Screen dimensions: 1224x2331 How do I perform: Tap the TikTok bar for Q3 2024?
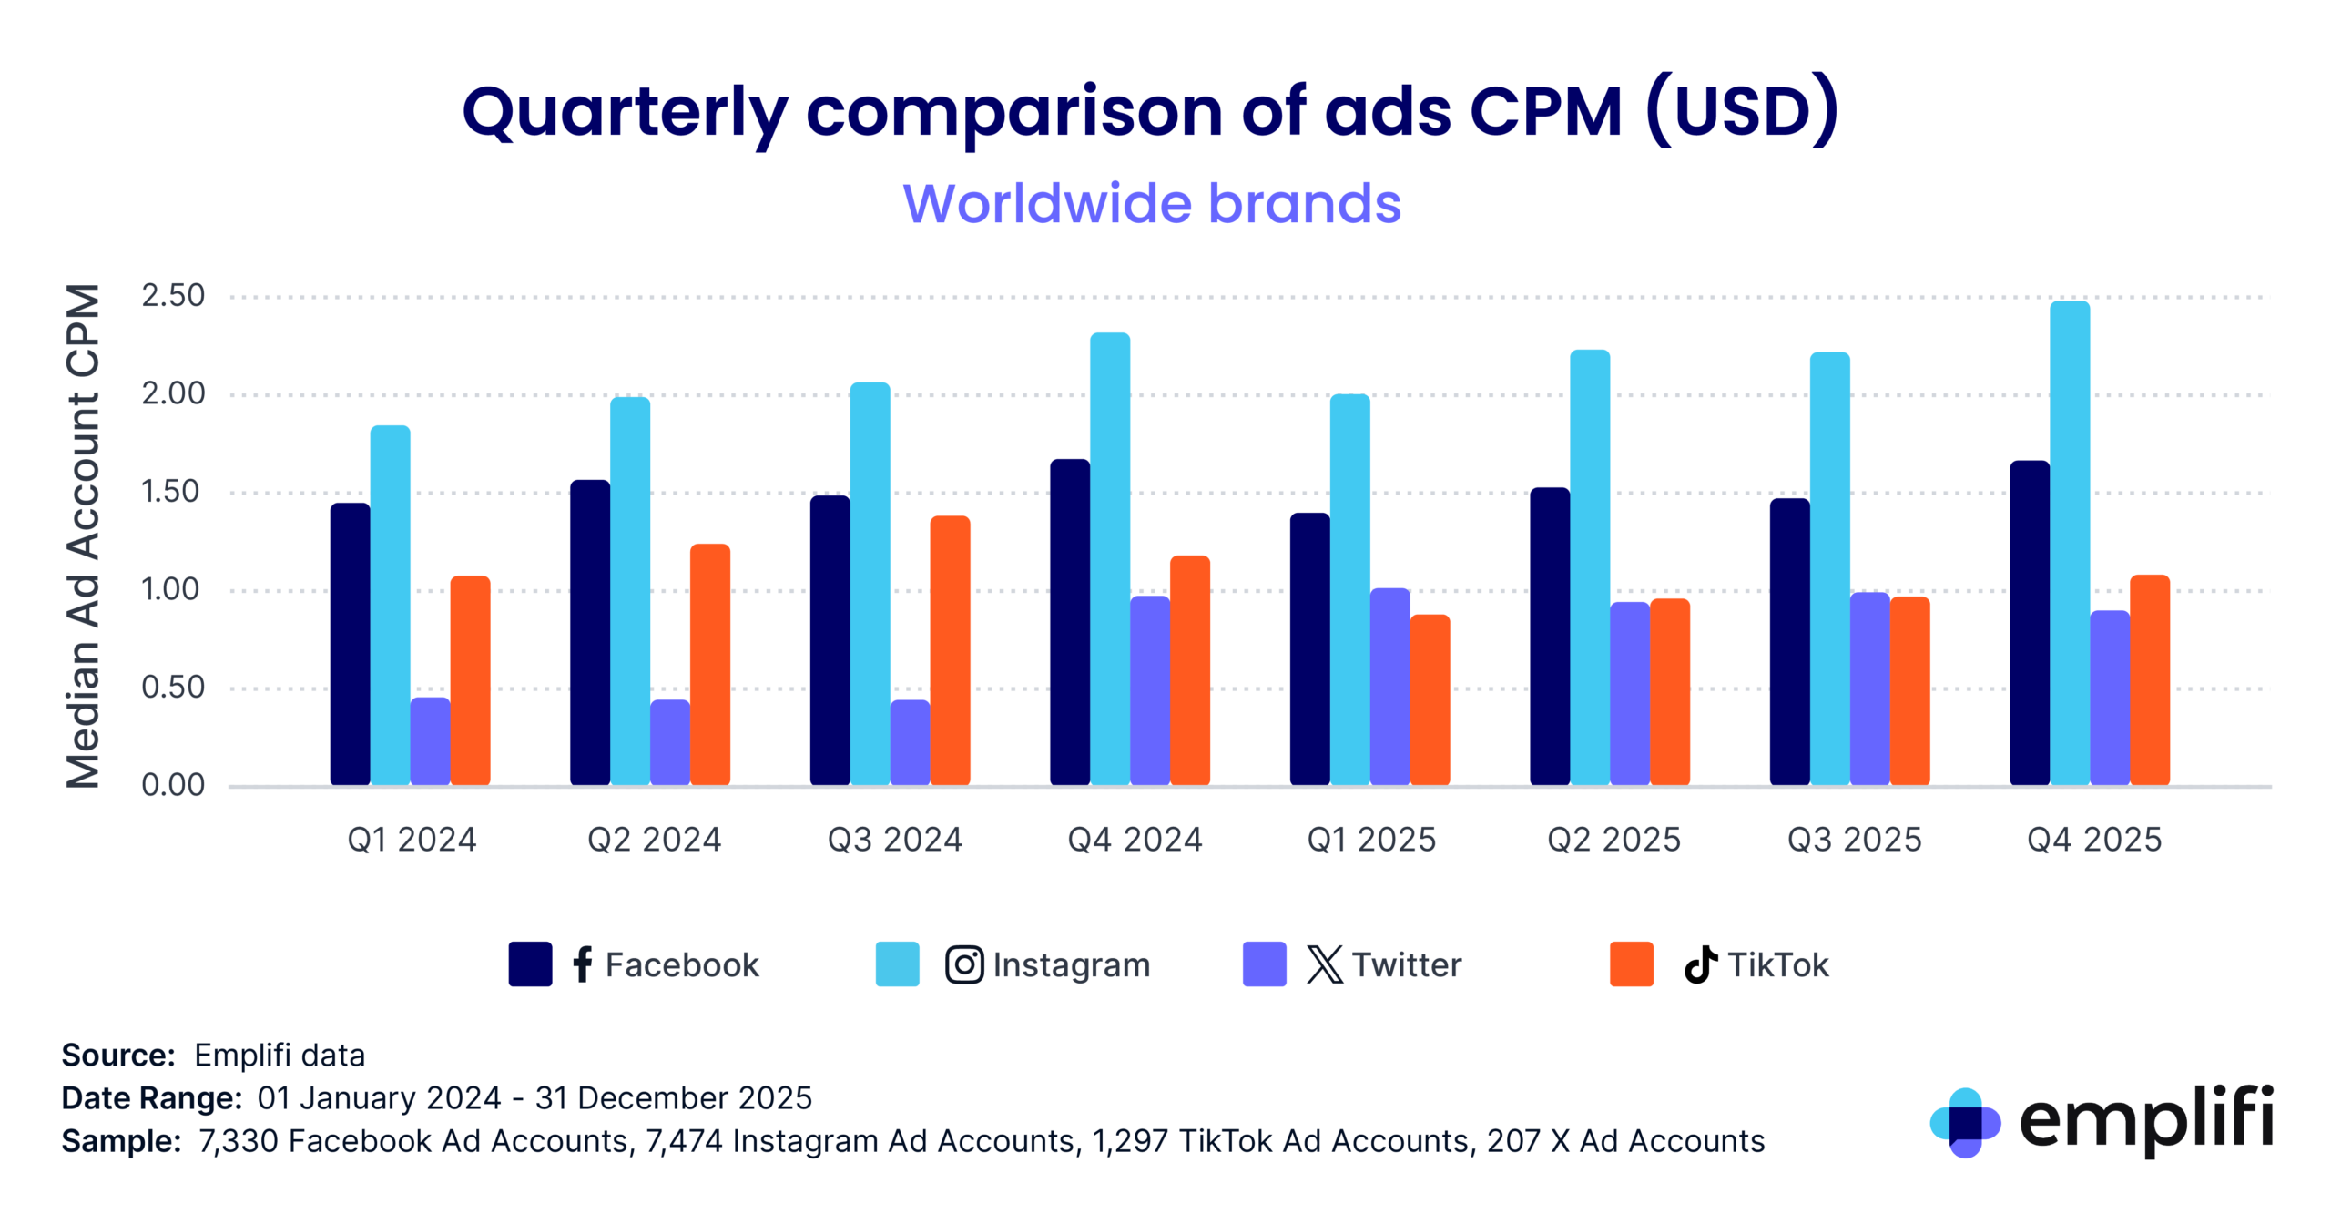[x=950, y=650]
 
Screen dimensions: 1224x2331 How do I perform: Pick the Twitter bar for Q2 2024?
[x=669, y=741]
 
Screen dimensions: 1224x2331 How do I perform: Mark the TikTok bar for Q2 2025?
[x=1669, y=691]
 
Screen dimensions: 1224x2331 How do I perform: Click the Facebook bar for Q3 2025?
[x=1789, y=641]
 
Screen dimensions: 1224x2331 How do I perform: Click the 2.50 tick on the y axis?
[x=173, y=296]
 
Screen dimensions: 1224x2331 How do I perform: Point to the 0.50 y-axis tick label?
[x=173, y=688]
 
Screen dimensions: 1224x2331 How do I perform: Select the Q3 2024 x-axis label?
[x=894, y=839]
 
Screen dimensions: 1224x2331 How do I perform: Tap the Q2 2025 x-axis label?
[x=1613, y=839]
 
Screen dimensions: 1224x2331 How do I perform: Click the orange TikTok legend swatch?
[x=1631, y=964]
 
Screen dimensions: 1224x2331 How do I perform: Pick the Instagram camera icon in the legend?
[x=963, y=964]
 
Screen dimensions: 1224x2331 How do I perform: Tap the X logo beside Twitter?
[x=1324, y=964]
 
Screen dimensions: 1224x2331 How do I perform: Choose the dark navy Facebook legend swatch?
[x=530, y=964]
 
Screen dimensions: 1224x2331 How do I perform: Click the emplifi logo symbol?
[x=1964, y=1122]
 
